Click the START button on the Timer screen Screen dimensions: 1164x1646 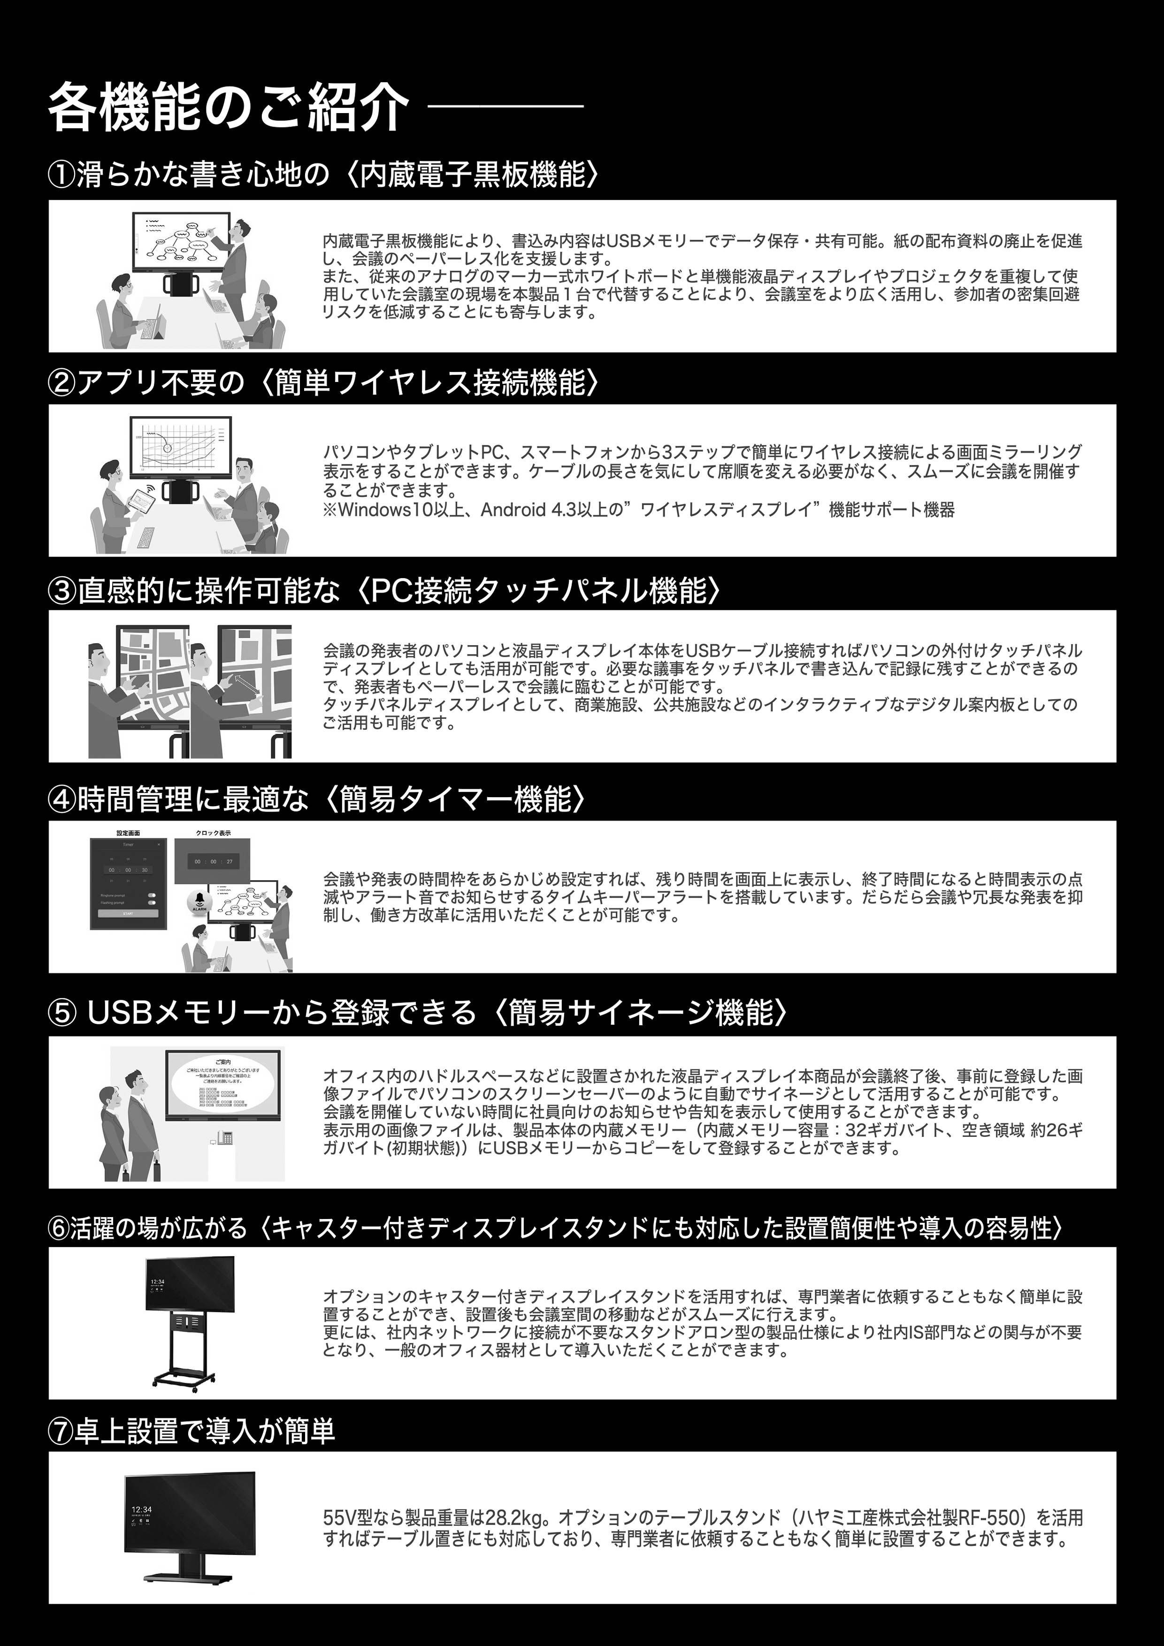128,914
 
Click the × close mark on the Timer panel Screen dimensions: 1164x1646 159,845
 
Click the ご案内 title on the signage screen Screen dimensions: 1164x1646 223,1060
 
